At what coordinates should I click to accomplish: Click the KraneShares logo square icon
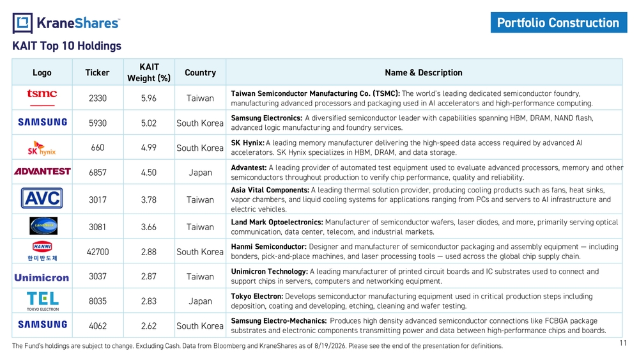[22, 23]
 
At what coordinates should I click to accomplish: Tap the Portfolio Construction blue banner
[558, 22]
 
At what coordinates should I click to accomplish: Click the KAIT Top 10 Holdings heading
[67, 45]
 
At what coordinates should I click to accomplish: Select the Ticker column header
[97, 72]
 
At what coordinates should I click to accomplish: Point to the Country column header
[200, 72]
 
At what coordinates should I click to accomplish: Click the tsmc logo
[42, 97]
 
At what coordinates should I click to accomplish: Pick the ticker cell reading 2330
[98, 98]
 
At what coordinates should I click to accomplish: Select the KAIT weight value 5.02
[149, 123]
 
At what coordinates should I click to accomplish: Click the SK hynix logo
[42, 148]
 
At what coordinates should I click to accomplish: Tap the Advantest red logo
[42, 171]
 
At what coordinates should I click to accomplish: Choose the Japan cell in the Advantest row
[200, 173]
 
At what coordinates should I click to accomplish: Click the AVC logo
[42, 198]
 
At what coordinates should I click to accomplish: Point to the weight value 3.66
[149, 227]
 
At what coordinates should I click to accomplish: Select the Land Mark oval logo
[43, 226]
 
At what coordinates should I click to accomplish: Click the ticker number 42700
[98, 252]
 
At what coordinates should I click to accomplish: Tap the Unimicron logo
[42, 278]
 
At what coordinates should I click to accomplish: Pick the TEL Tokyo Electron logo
[43, 301]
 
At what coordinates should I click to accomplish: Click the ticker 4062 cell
[98, 326]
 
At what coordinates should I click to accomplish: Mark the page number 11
[623, 343]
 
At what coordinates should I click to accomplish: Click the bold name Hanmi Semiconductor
[268, 247]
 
